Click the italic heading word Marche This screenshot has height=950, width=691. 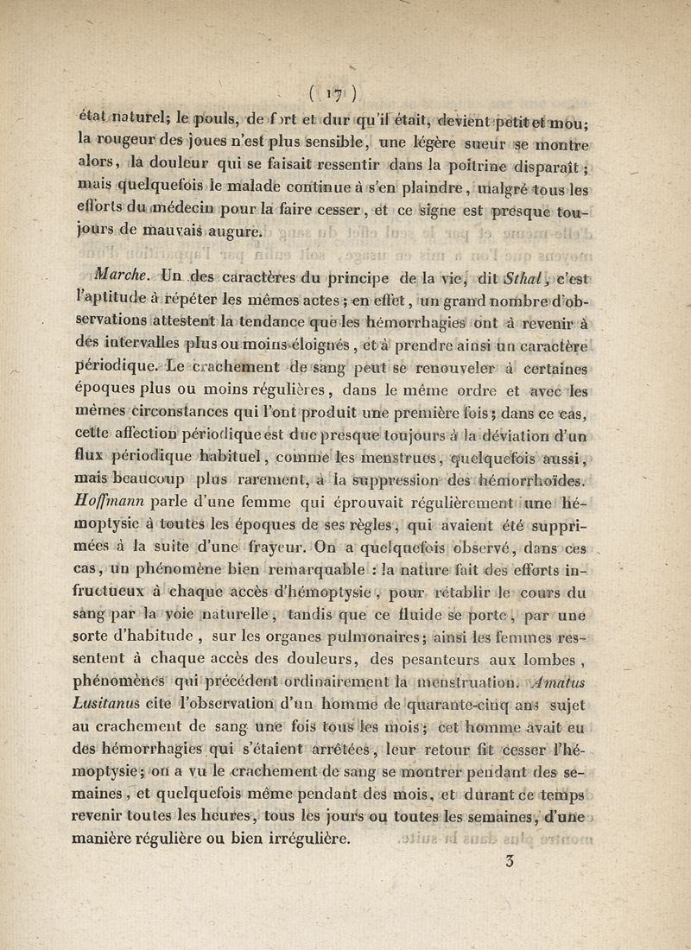(x=126, y=278)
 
